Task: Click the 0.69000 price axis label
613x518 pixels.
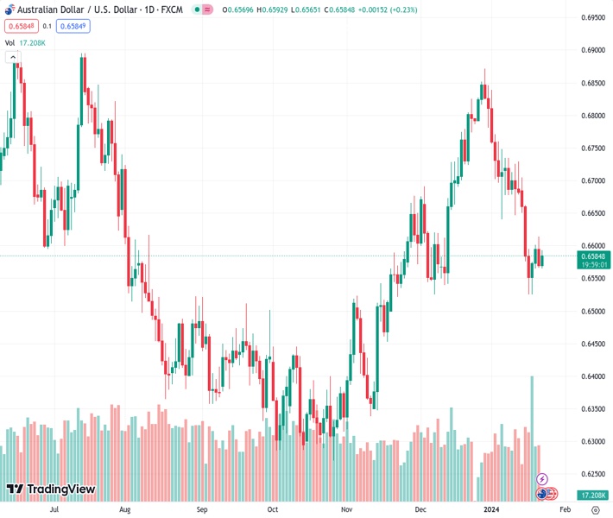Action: pos(592,50)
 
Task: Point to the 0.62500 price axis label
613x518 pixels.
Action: pos(592,474)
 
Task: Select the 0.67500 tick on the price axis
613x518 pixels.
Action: pos(592,148)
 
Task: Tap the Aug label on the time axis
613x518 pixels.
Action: pos(125,509)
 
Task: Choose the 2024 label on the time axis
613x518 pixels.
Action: pos(490,509)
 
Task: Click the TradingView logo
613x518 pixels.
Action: pos(50,490)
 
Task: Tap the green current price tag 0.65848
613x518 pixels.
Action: pos(593,256)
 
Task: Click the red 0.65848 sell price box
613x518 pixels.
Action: pos(18,26)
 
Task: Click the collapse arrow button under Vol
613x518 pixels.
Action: pos(12,57)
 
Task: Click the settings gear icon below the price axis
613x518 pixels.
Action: pos(595,509)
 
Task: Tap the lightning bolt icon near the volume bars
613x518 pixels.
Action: pos(542,478)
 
